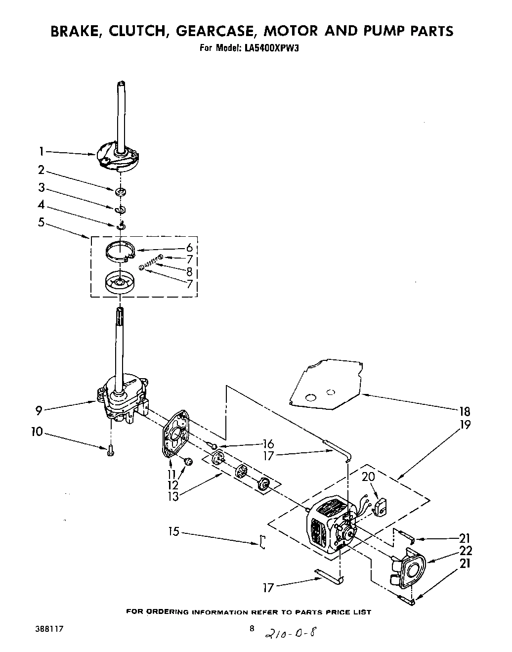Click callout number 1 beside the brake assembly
click(42, 151)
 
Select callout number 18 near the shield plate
click(464, 411)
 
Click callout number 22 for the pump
click(465, 550)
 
